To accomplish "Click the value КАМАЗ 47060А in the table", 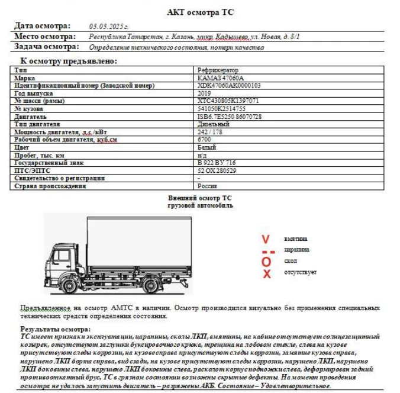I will coord(221,78).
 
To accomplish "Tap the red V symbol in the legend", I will coord(266,239).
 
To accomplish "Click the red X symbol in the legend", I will coord(266,273).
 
